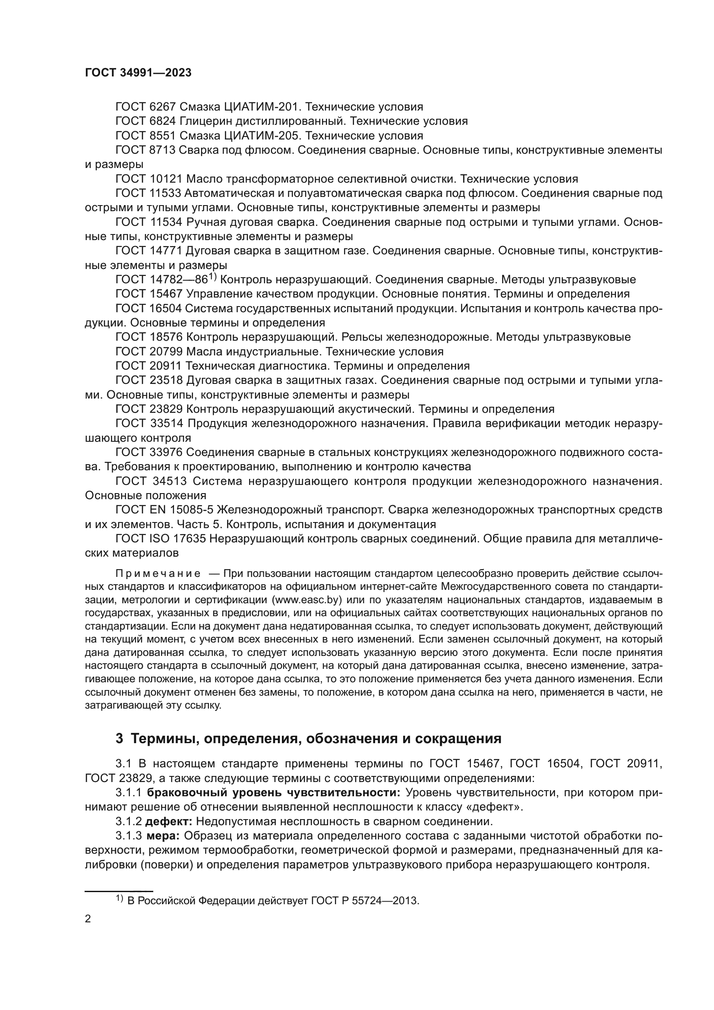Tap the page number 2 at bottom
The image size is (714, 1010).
tap(88, 919)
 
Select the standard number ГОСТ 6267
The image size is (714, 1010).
tap(145, 107)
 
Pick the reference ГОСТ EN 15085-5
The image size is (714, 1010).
tap(164, 510)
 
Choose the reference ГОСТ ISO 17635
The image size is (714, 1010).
tap(161, 539)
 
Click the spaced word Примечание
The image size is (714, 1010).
tap(158, 573)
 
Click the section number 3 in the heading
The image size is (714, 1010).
tap(119, 738)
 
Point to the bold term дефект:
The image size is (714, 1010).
tap(169, 821)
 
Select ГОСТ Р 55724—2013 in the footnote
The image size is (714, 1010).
tap(365, 900)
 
